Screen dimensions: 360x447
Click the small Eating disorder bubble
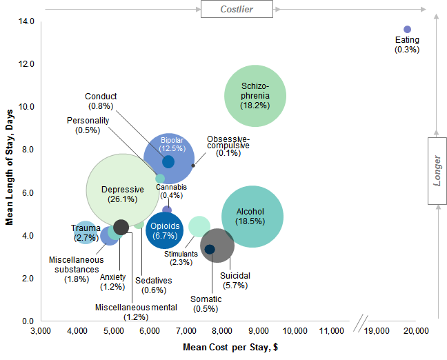point(407,29)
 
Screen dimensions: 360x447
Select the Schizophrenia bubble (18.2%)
point(255,96)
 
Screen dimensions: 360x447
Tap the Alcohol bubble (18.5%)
point(252,217)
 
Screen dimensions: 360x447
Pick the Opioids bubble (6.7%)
point(165,230)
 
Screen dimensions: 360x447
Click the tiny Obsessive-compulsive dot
point(193,166)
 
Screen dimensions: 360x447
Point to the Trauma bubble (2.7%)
point(86,232)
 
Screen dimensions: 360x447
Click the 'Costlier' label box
point(237,9)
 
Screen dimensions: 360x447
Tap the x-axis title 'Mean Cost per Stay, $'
point(230,348)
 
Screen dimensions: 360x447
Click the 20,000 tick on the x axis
point(417,332)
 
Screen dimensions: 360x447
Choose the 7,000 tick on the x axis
point(186,332)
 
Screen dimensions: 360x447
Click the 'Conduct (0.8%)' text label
point(101,101)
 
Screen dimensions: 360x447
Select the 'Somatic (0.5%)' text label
point(206,303)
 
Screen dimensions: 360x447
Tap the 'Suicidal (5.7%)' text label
point(235,280)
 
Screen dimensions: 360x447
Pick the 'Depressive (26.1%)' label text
point(122,194)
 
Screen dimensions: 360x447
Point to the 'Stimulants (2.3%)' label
point(181,258)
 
